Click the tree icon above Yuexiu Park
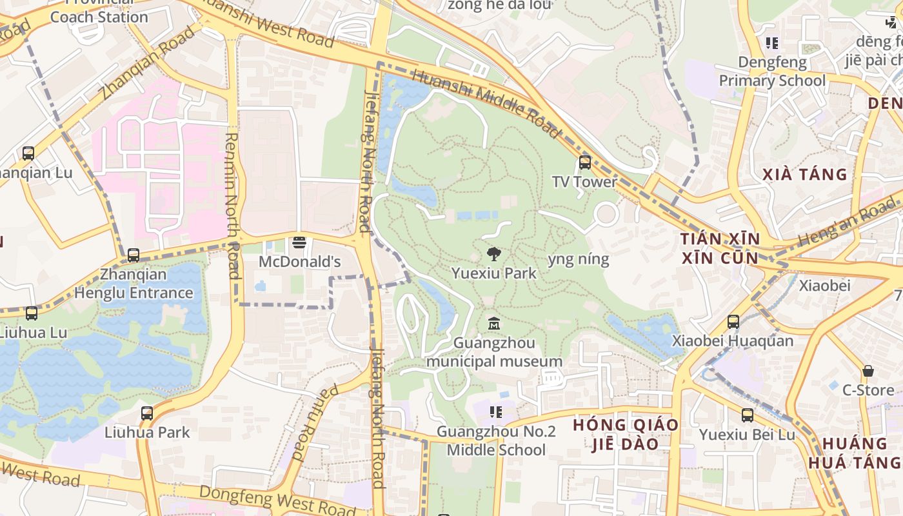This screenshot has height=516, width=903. [494, 253]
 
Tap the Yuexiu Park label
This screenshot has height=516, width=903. [494, 273]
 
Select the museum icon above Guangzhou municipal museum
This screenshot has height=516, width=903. [494, 323]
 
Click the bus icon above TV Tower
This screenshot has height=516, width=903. [585, 163]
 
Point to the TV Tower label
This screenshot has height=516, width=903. [584, 182]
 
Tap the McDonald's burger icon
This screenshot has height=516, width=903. [299, 243]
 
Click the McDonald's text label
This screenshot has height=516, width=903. [299, 262]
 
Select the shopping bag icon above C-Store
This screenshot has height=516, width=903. [868, 371]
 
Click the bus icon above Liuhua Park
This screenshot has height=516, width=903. [147, 413]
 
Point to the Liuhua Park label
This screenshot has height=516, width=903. [147, 432]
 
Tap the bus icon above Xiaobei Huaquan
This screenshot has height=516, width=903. [733, 321]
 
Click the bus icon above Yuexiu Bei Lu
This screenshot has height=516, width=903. [748, 415]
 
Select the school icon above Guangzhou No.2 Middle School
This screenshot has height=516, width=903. [495, 412]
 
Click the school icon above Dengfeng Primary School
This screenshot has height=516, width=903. [772, 43]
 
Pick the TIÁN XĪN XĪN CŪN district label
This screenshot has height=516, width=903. [720, 248]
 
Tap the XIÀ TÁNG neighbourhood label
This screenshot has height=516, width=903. [804, 174]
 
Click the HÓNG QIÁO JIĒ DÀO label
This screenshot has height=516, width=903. [626, 434]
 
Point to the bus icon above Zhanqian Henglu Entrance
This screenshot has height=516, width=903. [134, 255]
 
